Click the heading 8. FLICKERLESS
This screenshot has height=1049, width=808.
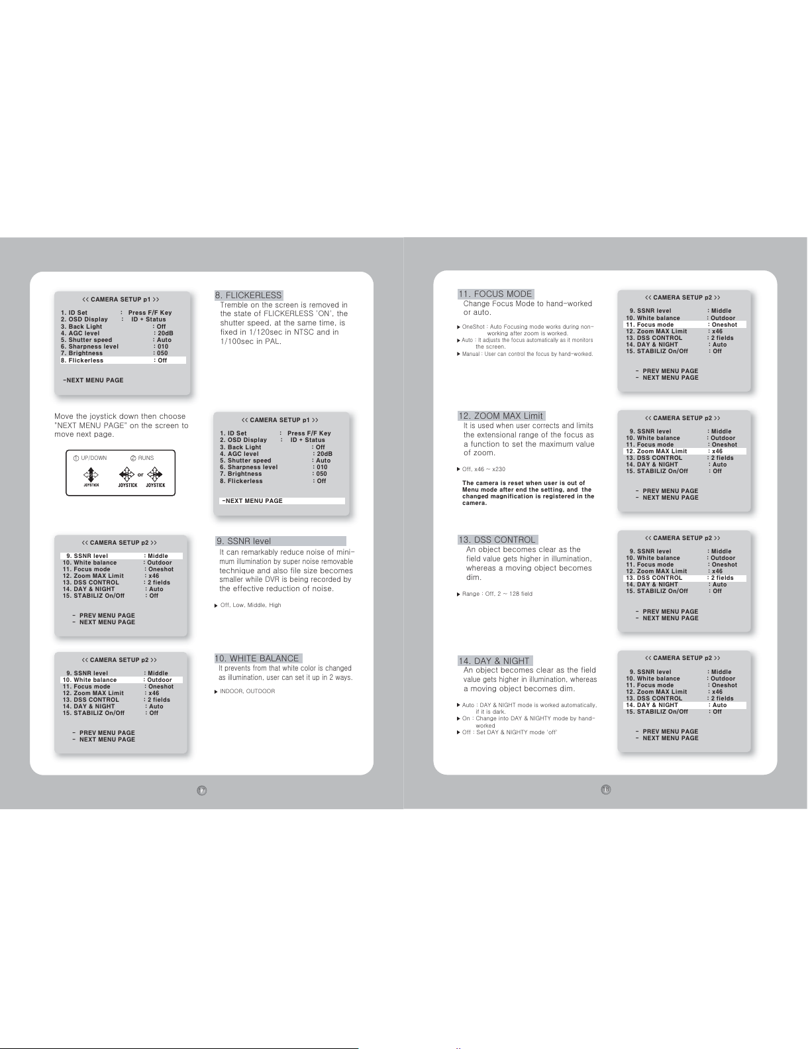click(249, 295)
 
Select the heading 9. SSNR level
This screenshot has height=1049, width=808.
click(244, 541)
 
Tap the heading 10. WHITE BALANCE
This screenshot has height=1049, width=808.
click(258, 659)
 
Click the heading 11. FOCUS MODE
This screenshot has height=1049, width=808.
click(495, 294)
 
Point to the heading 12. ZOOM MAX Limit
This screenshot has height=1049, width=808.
click(501, 415)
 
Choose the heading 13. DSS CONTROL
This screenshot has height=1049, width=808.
click(497, 539)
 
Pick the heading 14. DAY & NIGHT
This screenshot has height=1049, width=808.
click(495, 661)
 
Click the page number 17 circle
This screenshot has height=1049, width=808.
click(201, 791)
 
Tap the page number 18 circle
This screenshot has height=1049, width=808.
click(606, 789)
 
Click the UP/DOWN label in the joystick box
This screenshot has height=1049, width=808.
click(93, 458)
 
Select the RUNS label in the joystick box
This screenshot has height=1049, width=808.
click(146, 458)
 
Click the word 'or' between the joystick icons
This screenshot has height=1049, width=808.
click(140, 474)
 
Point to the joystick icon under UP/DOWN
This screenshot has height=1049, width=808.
click(91, 475)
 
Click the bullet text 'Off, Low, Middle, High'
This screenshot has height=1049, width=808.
click(250, 605)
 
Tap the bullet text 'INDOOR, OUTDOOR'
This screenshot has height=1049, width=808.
click(248, 691)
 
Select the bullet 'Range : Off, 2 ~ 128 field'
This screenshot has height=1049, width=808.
click(497, 594)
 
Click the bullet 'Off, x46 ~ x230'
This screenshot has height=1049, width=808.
click(483, 469)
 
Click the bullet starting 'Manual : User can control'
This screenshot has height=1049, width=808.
click(527, 354)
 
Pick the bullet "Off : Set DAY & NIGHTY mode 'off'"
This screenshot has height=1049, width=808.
click(509, 732)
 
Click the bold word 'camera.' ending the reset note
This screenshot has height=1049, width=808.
click(475, 503)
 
